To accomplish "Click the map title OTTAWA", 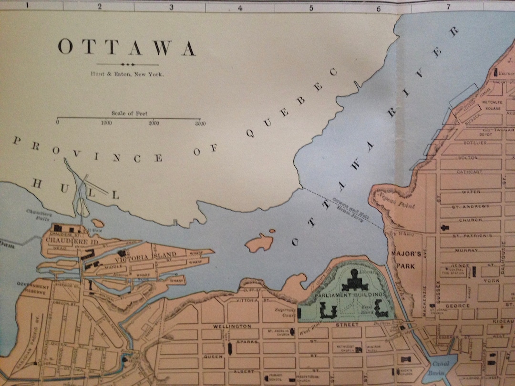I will tap(127, 48).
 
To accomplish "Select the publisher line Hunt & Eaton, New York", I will tap(127, 74).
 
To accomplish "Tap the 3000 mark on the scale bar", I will tap(200, 123).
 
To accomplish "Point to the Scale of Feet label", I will tap(129, 113).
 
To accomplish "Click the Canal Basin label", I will tap(438, 366).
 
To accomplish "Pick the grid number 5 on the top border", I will tap(311, 8).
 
